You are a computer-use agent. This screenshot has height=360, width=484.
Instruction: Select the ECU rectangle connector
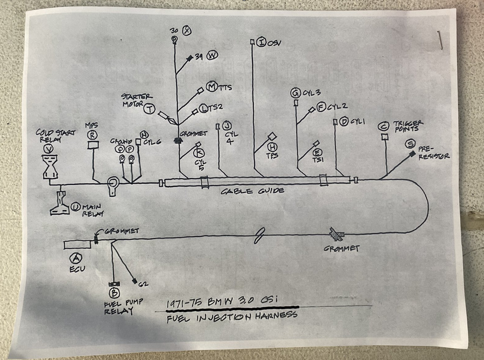pos(77,244)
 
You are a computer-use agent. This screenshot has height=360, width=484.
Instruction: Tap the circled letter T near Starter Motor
pos(149,109)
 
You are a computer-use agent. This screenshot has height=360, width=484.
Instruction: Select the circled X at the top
pos(187,31)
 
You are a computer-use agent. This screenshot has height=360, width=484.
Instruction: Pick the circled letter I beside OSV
pos(262,43)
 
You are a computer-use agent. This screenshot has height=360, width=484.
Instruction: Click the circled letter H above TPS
pos(271,146)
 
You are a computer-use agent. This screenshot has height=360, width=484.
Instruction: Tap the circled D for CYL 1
pos(343,122)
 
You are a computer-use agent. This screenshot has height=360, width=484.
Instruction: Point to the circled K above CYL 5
pos(199,152)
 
